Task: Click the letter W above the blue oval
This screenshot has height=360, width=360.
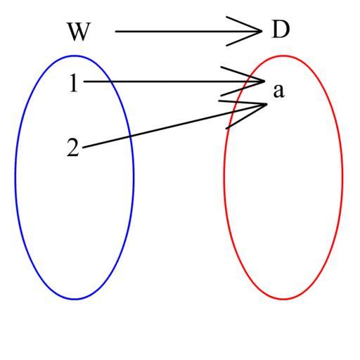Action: [x=79, y=32]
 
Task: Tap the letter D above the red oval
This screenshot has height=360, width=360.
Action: [x=281, y=30]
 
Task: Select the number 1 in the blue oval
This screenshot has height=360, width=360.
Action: [x=74, y=83]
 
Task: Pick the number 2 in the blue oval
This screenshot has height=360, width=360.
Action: [x=73, y=147]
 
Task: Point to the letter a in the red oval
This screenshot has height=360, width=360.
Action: [x=279, y=91]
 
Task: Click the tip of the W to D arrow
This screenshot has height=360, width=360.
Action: [x=262, y=31]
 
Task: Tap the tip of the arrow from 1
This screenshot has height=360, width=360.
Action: [x=264, y=82]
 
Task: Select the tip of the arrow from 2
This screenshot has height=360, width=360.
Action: [x=266, y=104]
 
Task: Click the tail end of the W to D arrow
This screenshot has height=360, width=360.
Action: [x=115, y=31]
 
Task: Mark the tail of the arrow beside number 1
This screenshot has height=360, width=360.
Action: [x=84, y=82]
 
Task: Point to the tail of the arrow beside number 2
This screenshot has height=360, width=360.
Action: [x=82, y=148]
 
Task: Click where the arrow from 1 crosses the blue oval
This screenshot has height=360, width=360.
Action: [x=110, y=82]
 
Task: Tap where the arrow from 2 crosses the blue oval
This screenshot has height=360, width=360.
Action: [x=130, y=136]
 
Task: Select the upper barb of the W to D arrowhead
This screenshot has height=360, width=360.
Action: [x=244, y=24]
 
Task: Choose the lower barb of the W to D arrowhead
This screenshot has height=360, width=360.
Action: [x=244, y=38]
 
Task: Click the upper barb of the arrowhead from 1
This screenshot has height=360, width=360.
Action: [x=243, y=74]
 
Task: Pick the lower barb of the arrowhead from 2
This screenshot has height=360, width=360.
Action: [x=246, y=116]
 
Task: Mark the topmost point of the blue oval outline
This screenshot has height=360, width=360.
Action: [x=75, y=56]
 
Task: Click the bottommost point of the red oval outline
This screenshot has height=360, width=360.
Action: [x=283, y=299]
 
